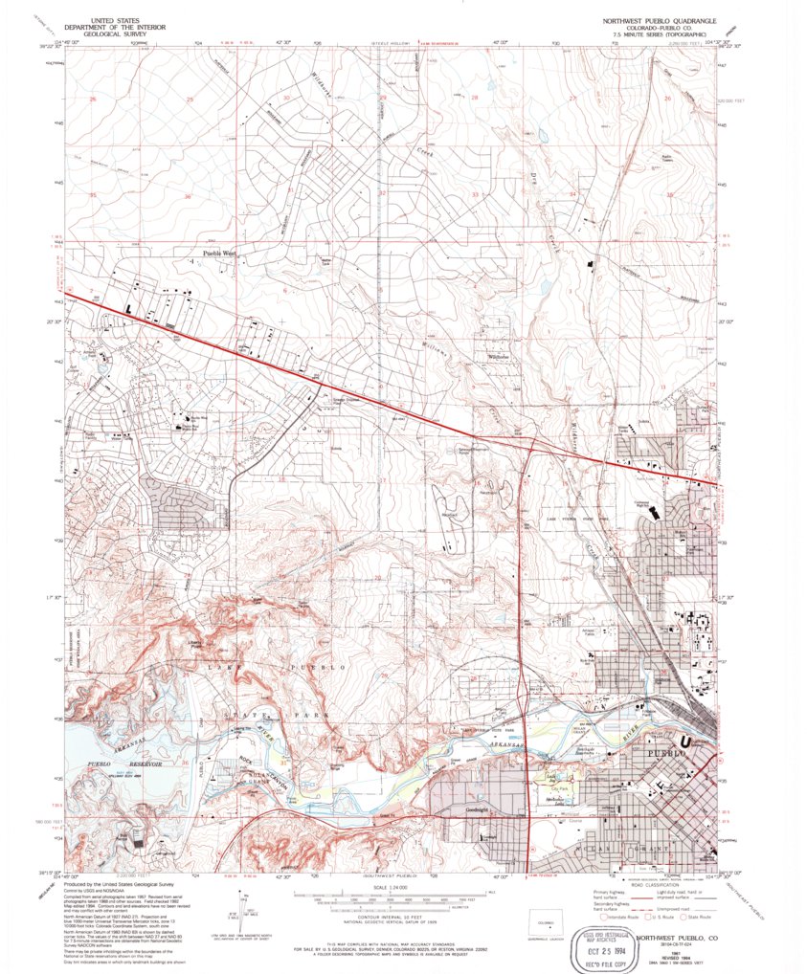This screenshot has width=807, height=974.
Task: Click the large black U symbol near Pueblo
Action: [684, 741]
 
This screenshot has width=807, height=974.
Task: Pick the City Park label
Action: [548, 787]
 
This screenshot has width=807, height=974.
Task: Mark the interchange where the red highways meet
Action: [526, 442]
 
